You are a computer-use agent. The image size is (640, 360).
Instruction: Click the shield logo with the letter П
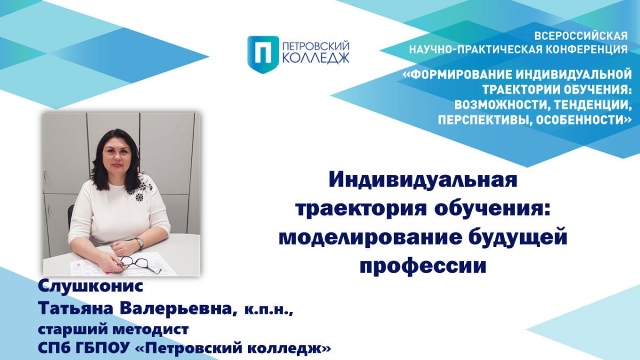(263, 54)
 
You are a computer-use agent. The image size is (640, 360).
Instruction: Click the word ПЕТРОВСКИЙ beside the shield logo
(316, 46)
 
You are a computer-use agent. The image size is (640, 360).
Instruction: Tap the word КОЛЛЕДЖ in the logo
(316, 58)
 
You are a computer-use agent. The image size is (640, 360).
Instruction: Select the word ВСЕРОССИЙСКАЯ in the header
(581, 36)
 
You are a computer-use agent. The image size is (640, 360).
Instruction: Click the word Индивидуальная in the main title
(423, 180)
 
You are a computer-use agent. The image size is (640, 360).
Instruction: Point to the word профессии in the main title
(423, 266)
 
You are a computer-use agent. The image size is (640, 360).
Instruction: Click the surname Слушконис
(91, 286)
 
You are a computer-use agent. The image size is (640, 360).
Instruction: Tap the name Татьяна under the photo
(76, 308)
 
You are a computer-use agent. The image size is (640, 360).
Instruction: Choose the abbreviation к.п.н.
(269, 309)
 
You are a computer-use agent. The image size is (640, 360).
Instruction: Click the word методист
(150, 329)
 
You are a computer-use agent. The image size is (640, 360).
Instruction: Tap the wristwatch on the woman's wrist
(140, 243)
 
